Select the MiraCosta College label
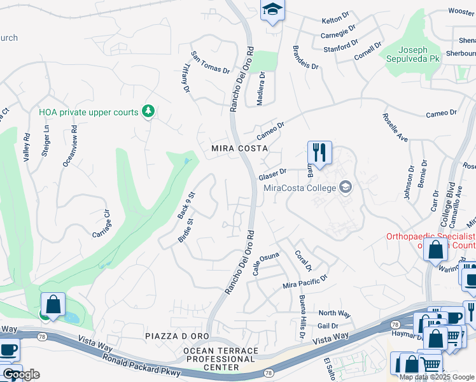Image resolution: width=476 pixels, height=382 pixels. pyautogui.click(x=300, y=187)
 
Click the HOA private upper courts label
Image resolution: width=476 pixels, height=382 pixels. pyautogui.click(x=88, y=112)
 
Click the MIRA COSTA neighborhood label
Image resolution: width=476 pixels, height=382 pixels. pyautogui.click(x=239, y=148)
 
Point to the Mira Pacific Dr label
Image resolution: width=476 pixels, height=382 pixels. pyautogui.click(x=305, y=281)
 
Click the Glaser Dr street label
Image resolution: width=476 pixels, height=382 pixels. pyautogui.click(x=273, y=174)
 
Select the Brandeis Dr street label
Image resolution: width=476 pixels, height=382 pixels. pyautogui.click(x=305, y=57)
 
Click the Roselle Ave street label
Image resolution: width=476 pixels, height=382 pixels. pyautogui.click(x=395, y=127)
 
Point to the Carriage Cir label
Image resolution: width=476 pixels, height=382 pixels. pyautogui.click(x=101, y=223)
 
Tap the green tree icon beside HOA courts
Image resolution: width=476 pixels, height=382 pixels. pyautogui.click(x=148, y=112)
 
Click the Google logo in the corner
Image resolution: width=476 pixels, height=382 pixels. pyautogui.click(x=20, y=374)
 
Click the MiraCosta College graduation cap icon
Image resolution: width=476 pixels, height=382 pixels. pyautogui.click(x=346, y=187)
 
